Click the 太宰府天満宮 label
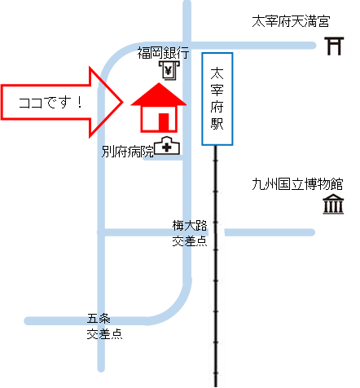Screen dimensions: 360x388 tap(291, 21)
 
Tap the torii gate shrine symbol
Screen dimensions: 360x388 tap(334, 46)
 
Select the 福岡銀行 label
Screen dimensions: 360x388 tap(163, 53)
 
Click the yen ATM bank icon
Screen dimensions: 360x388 tap(169, 70)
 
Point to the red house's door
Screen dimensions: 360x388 tap(164, 122)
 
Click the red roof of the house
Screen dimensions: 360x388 tap(159, 95)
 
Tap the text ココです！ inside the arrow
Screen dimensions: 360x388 tap(50, 103)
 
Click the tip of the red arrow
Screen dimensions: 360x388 tap(123, 103)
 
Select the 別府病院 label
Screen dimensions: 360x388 tap(128, 152)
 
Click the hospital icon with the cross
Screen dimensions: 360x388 tap(167, 146)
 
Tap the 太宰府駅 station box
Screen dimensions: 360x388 tap(217, 99)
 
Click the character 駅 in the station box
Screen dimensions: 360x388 tap(217, 124)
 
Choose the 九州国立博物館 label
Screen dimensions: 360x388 tap(297, 184)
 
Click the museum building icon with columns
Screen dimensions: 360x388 tap(333, 204)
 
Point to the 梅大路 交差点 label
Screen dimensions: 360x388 tap(190, 233)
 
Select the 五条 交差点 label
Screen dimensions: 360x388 tap(104, 326)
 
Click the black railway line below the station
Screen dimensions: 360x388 tap(216, 267)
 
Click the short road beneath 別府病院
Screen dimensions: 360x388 tap(163, 158)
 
